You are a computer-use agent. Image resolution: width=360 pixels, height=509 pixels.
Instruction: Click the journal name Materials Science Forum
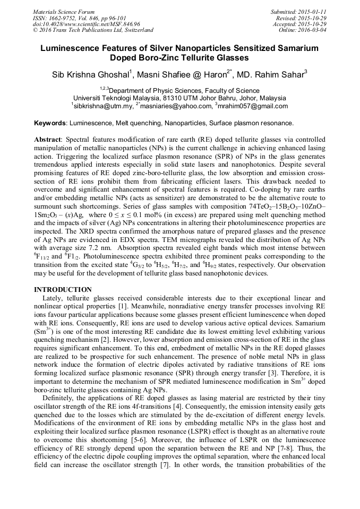point(64,12)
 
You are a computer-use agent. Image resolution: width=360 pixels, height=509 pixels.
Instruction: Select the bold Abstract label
point(48,138)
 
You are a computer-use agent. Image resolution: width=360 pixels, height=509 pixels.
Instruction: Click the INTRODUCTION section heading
point(63,290)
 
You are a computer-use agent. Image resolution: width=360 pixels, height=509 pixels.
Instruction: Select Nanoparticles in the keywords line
point(194,123)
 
